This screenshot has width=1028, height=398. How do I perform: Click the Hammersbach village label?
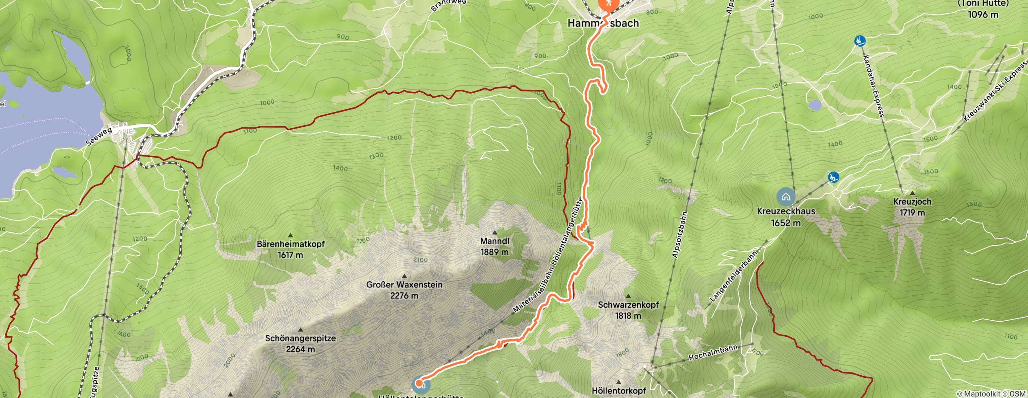[603, 23]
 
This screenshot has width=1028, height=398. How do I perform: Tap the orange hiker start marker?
[608, 3]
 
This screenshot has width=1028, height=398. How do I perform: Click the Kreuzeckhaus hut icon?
[786, 196]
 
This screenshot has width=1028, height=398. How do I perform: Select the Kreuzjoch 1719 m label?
[912, 207]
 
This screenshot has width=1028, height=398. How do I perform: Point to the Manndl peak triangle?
[494, 232]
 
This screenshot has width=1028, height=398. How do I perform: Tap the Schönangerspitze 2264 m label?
[300, 343]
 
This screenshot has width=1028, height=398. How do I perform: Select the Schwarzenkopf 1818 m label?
[628, 310]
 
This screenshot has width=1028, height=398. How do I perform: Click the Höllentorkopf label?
[618, 390]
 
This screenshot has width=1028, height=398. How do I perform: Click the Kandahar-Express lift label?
[873, 86]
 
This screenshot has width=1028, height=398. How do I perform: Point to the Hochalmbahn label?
[713, 352]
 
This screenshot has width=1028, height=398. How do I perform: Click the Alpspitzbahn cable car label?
[680, 235]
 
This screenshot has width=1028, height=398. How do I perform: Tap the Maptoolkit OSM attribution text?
[991, 394]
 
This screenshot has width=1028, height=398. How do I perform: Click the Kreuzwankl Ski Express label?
[995, 92]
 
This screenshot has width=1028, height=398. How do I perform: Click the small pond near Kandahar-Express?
[815, 105]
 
